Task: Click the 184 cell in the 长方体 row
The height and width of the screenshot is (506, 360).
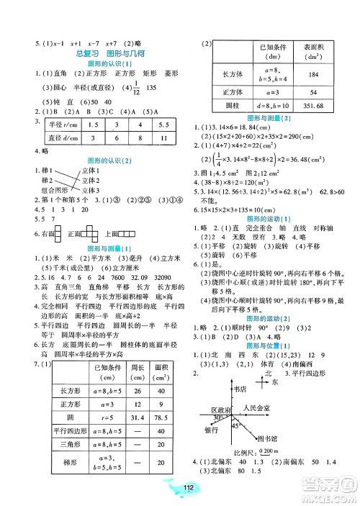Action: (x=315, y=75)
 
